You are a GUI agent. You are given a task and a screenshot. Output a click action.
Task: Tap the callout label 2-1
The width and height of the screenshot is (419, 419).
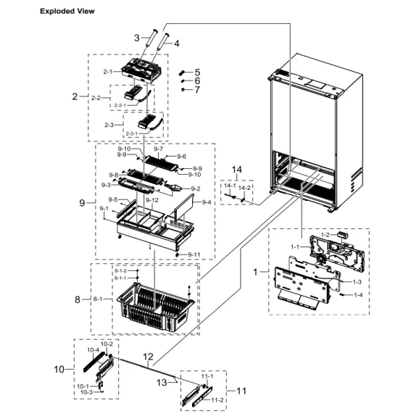click(109, 72)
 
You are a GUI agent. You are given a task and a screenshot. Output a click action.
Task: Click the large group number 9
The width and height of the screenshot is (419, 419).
click(82, 204)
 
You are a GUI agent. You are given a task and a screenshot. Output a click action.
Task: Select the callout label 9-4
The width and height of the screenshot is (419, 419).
click(207, 202)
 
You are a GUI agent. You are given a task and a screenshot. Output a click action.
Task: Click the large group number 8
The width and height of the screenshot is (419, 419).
click(78, 298)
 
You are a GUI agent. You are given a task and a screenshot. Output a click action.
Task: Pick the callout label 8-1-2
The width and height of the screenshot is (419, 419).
click(120, 270)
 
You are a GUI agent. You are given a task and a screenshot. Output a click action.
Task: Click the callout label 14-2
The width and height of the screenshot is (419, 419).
click(246, 187)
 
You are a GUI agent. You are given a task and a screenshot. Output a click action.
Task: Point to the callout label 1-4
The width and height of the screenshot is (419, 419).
click(358, 295)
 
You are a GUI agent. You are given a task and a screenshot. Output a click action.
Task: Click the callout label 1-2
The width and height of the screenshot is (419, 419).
click(325, 236)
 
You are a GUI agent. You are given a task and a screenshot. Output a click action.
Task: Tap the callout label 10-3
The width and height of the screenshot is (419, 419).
click(87, 392)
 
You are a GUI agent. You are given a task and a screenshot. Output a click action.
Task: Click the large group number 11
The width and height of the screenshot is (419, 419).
click(241, 391)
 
